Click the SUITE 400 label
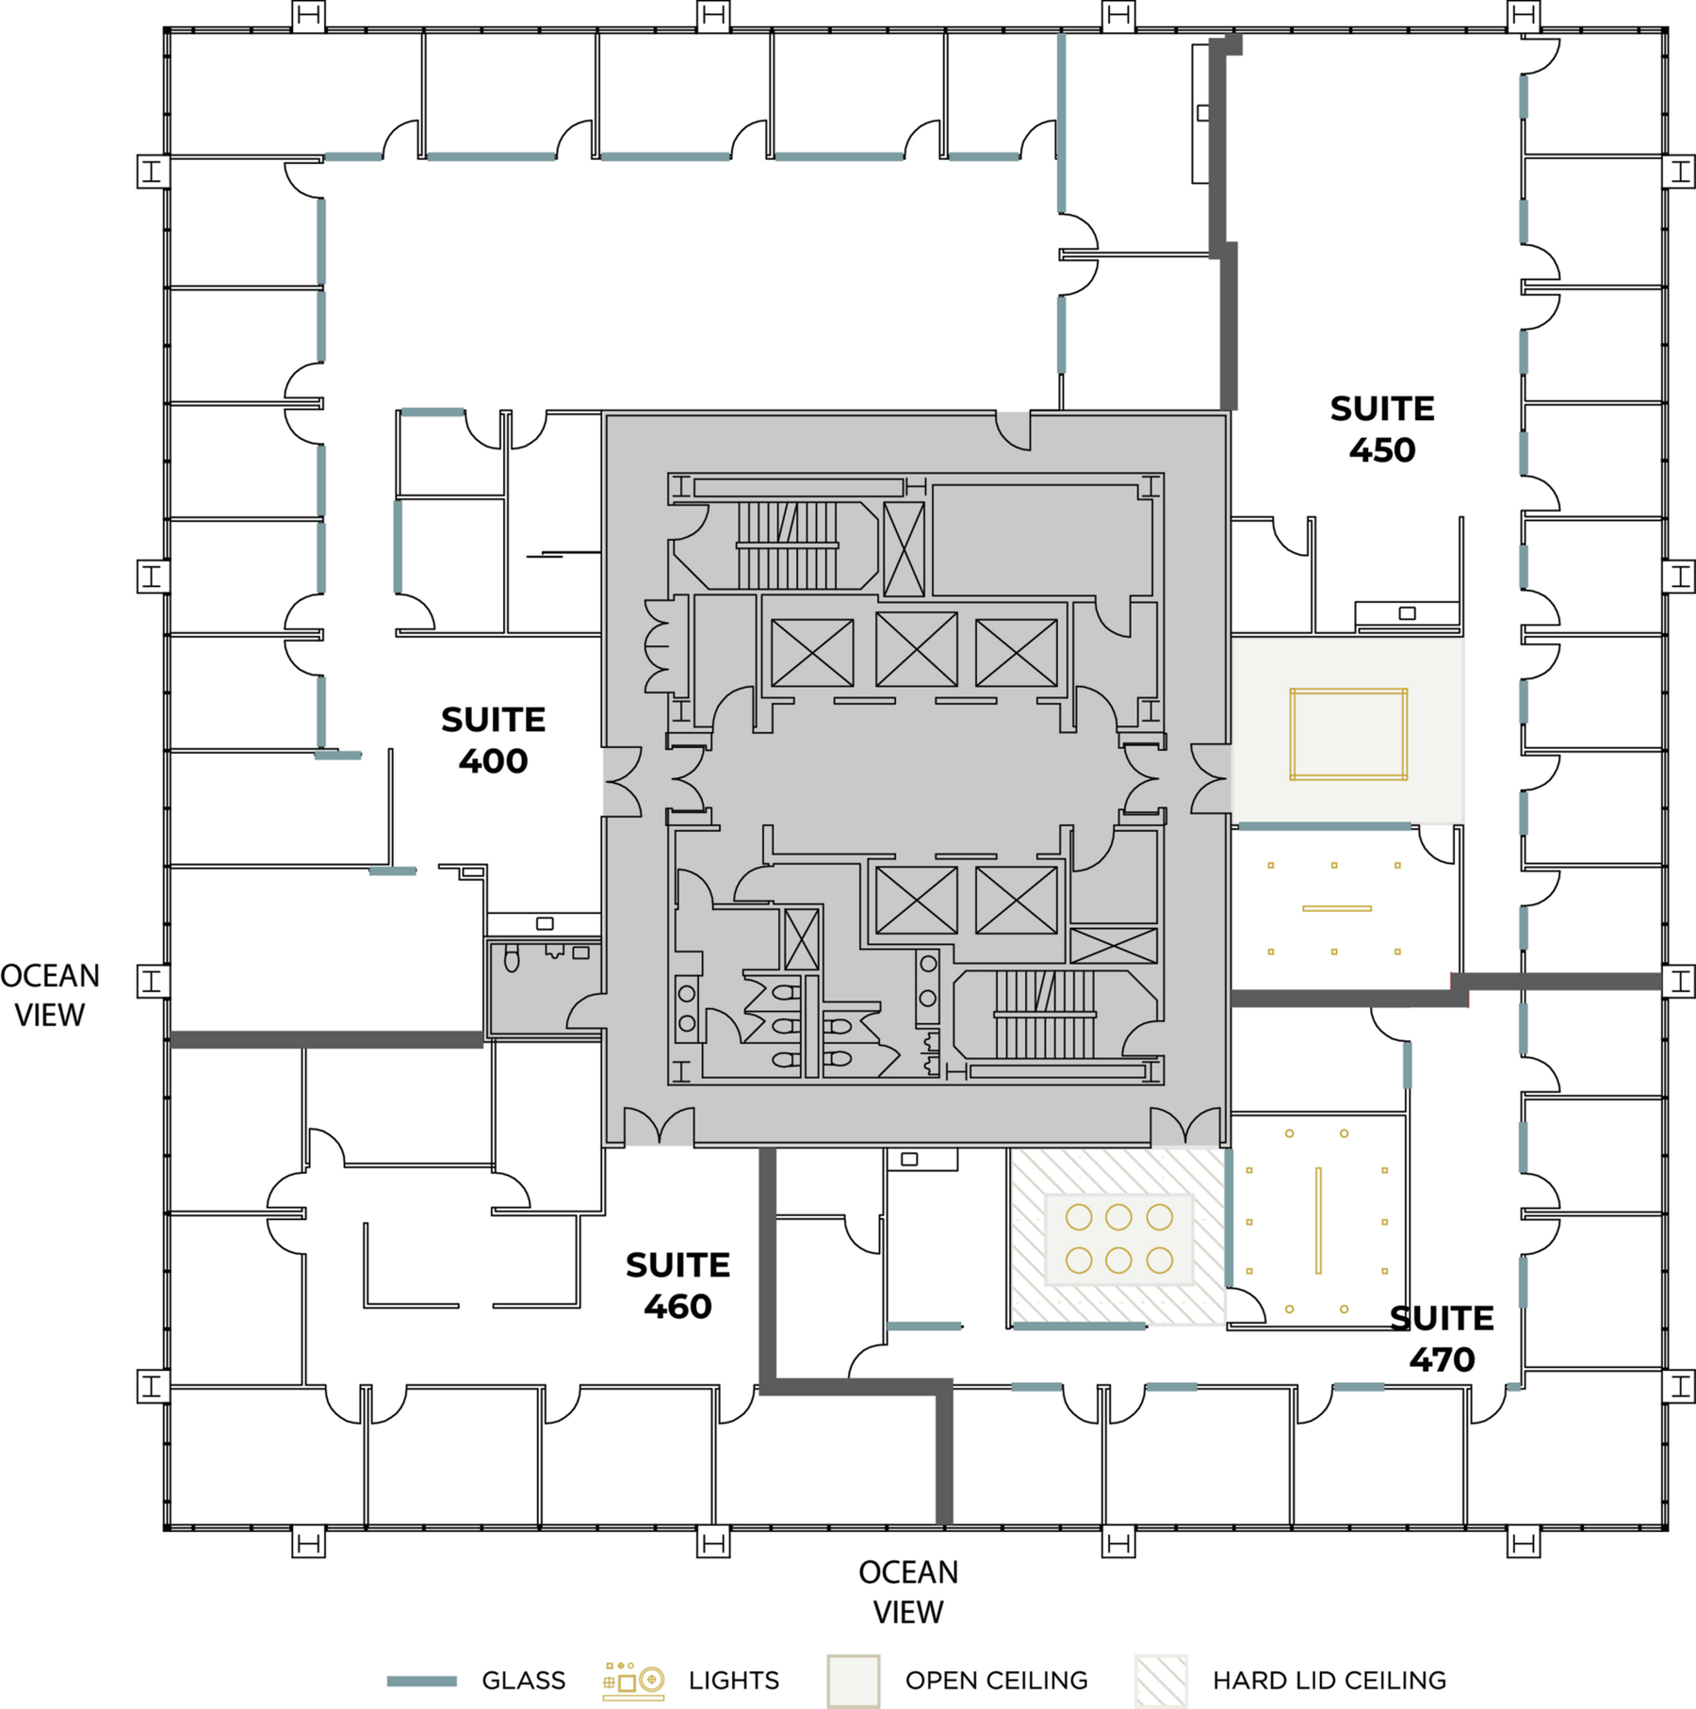pos(493,741)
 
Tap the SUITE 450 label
pos(1381,430)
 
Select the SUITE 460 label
pos(677,1286)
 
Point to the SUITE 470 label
pos(1442,1339)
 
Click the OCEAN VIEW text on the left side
pos(50,995)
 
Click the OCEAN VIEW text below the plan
pos(908,1591)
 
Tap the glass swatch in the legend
pos(422,1681)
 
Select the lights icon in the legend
pos(633,1681)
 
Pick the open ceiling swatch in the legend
pos(853,1681)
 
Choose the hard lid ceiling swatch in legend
pos(1161,1681)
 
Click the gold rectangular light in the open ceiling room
pos(1348,734)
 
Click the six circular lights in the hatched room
pos(1118,1239)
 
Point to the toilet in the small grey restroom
pos(512,959)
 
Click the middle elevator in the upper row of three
pos(916,650)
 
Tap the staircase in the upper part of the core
pos(787,545)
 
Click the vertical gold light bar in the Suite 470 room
pos(1318,1220)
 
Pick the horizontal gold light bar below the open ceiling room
pos(1337,908)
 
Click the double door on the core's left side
pos(623,781)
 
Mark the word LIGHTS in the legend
pos(733,1681)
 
